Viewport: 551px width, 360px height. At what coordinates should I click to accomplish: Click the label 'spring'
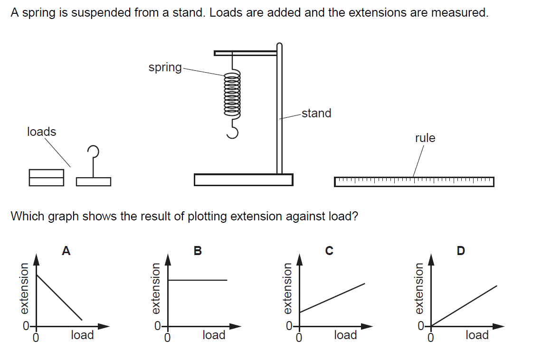[165, 67]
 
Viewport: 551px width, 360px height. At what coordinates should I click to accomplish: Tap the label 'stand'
[316, 113]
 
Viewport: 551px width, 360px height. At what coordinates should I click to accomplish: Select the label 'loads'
[42, 132]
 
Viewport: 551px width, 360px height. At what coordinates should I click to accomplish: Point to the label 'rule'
[425, 138]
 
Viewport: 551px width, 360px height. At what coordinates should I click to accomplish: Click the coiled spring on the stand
[232, 96]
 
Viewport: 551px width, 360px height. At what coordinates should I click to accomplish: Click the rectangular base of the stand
[243, 180]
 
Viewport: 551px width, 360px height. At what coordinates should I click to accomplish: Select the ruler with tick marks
[414, 181]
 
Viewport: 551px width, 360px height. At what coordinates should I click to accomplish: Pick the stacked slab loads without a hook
[46, 177]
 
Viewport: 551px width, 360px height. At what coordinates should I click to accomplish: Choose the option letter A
[66, 251]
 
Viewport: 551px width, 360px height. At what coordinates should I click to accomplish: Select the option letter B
[198, 251]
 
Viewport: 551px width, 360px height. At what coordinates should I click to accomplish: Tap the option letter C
[329, 251]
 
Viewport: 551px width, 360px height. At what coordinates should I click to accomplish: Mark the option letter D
[461, 251]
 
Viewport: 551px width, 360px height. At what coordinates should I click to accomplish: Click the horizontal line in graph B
[198, 280]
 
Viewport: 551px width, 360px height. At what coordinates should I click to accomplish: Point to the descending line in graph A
[59, 297]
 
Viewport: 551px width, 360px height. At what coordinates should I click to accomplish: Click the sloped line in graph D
[464, 306]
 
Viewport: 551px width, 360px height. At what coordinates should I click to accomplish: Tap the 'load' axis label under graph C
[345, 335]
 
